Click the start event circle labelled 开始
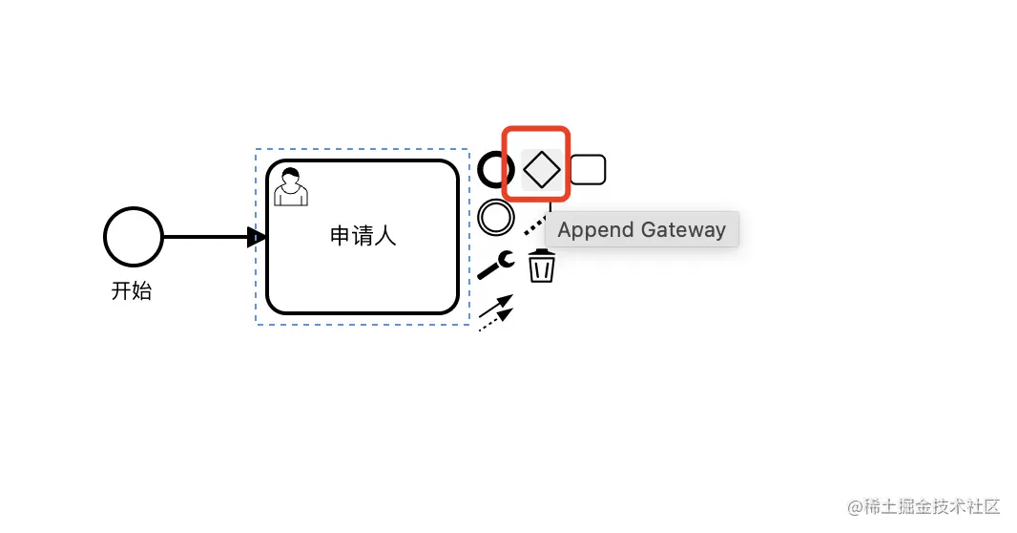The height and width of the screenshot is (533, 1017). (x=134, y=237)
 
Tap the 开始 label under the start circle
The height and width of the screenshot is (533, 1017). (x=132, y=291)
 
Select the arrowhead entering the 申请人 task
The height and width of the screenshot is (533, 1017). (x=256, y=237)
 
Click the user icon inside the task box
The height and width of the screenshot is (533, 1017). (x=290, y=187)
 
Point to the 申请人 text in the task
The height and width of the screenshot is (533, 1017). (x=363, y=236)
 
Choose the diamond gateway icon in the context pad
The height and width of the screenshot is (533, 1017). (x=542, y=169)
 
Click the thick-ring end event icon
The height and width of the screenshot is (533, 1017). (x=495, y=169)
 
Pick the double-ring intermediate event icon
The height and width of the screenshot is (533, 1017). (x=495, y=217)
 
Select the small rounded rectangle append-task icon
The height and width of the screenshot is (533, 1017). (x=588, y=169)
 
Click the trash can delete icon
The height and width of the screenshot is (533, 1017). (x=542, y=266)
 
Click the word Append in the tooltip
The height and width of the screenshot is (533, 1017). (x=595, y=230)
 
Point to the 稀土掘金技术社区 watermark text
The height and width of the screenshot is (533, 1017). (x=924, y=506)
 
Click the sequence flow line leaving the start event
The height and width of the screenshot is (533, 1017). (x=205, y=237)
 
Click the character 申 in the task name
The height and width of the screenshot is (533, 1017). (x=341, y=236)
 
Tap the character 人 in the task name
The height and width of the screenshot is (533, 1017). (x=385, y=236)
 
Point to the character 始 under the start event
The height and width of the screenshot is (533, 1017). (x=142, y=291)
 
